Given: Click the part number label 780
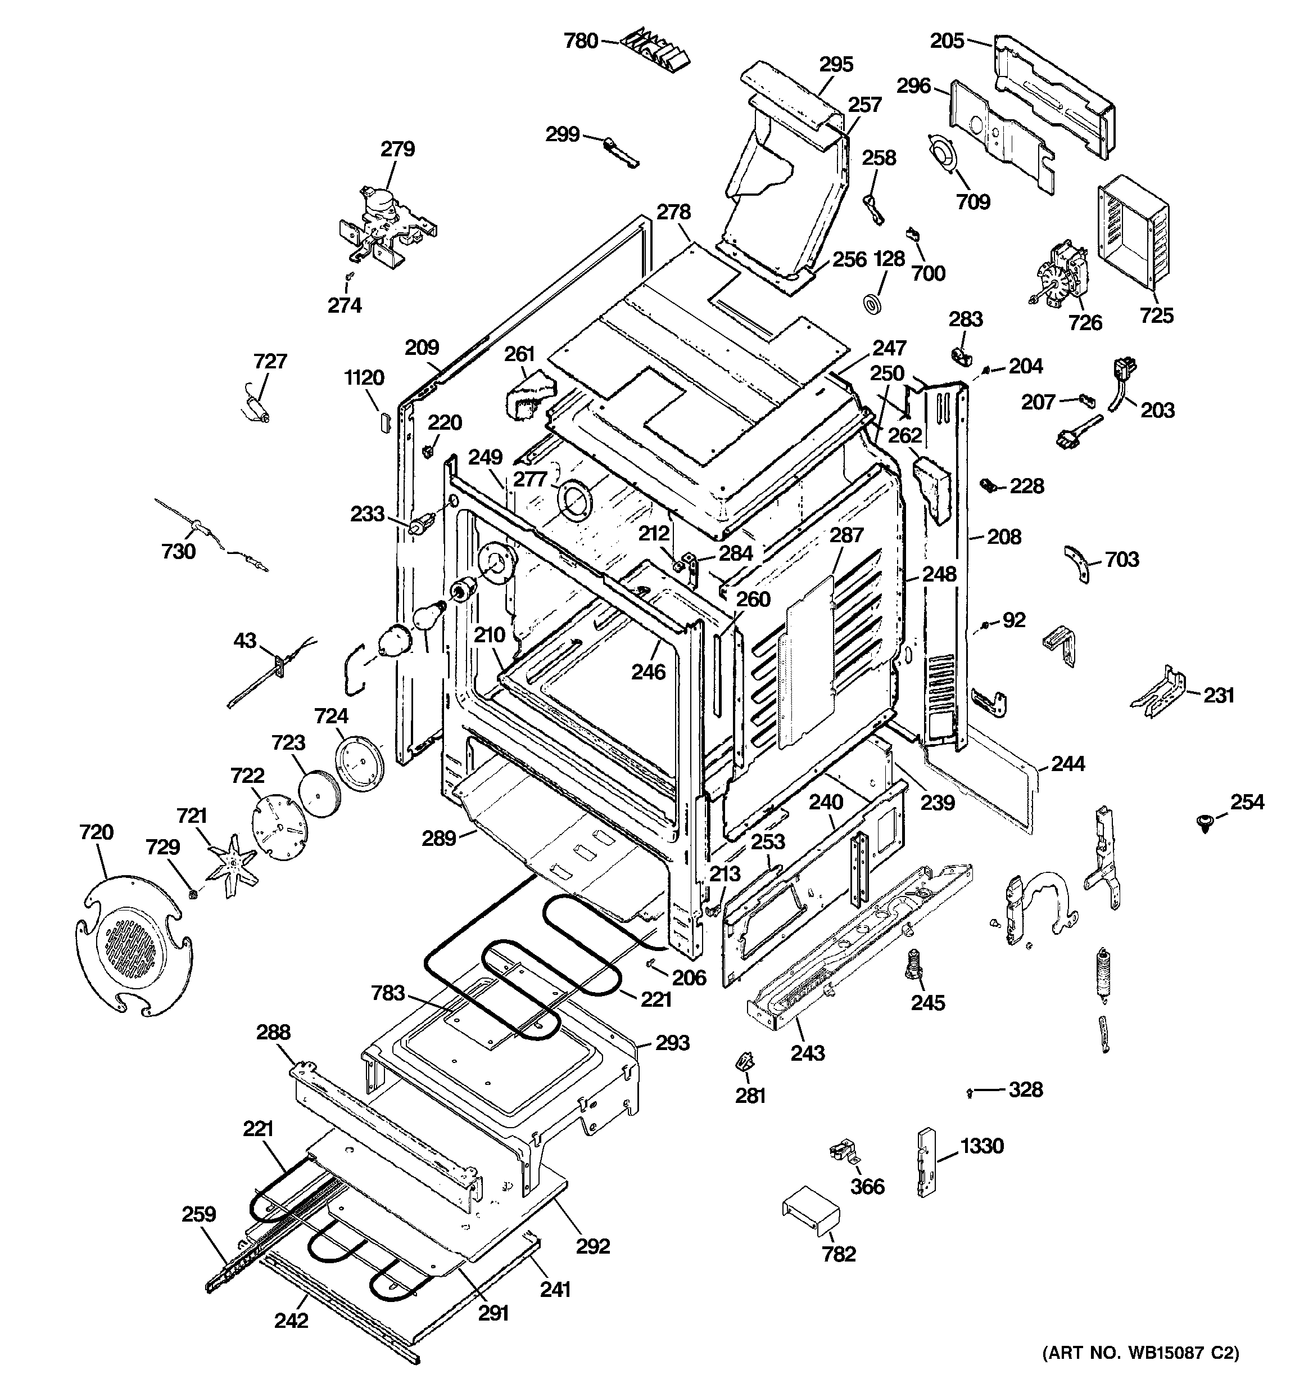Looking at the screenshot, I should coord(581,41).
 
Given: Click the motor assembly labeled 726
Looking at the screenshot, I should coord(1058,274).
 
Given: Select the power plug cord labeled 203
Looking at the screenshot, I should coord(1121,384).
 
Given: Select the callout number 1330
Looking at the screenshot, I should coord(981,1146).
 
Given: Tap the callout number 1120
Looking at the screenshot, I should coord(364,378).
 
